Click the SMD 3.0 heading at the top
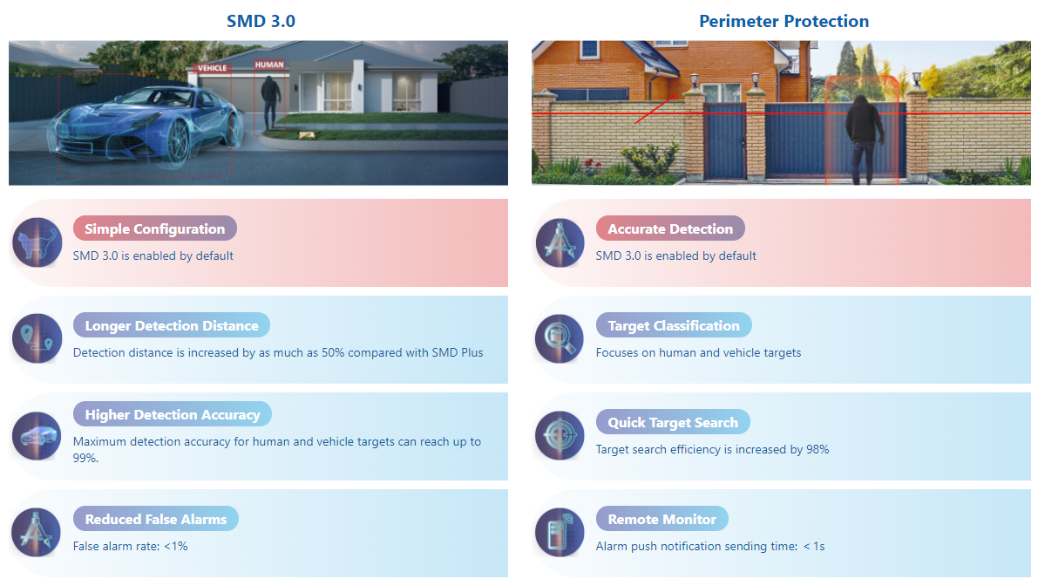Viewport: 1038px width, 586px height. pos(261,21)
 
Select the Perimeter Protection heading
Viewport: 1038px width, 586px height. pos(784,21)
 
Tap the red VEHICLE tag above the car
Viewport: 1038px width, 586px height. pos(213,68)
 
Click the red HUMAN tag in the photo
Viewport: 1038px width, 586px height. pos(269,65)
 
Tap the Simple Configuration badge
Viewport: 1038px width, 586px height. pos(155,228)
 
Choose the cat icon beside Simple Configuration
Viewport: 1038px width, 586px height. pos(37,242)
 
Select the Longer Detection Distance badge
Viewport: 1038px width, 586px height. pos(172,325)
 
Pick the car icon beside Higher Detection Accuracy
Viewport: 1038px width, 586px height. pos(37,436)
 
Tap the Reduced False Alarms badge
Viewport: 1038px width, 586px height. pos(155,519)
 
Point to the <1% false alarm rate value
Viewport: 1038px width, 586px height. pos(176,546)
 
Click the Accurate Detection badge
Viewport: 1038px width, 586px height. pos(670,228)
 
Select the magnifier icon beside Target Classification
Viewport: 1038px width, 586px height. pos(560,339)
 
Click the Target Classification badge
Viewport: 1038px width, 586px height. pos(674,325)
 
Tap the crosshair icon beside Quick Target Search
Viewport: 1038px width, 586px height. pos(560,436)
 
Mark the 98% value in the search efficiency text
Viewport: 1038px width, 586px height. pos(818,449)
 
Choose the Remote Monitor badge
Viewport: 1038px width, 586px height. pos(662,519)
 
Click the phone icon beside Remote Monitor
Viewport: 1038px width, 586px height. pos(560,532)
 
